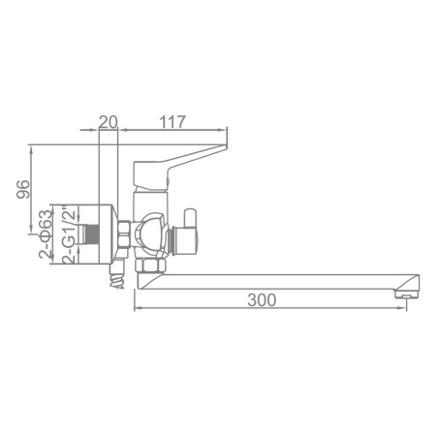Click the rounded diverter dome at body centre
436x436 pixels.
149,233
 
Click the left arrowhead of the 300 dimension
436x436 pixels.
137,310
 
